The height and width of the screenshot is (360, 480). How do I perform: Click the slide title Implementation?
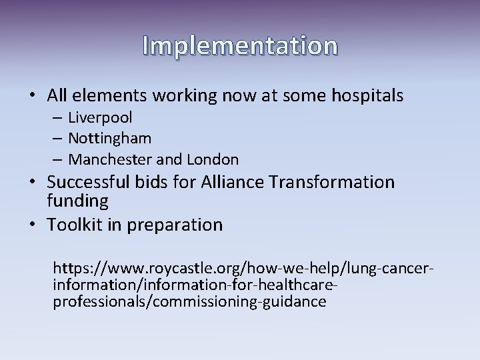(x=240, y=45)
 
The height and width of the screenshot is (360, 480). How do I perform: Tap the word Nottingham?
(x=110, y=139)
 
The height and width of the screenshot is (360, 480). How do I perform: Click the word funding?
(x=77, y=200)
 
